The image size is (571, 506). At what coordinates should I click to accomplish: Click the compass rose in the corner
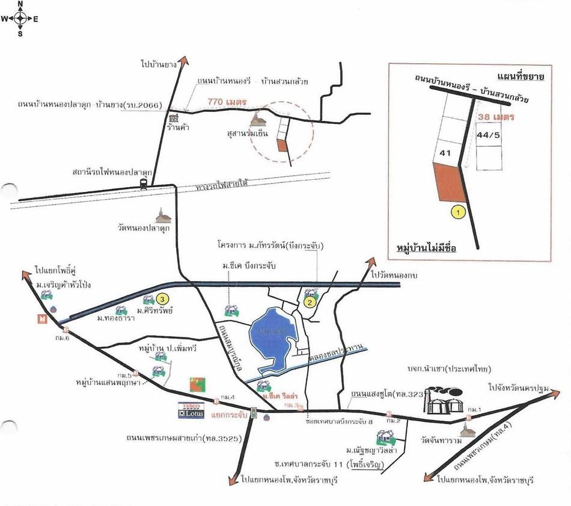click(20, 18)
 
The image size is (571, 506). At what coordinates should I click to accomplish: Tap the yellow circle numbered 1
click(459, 211)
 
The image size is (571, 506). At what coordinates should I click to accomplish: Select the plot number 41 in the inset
click(445, 153)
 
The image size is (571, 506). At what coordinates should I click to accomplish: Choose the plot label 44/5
click(488, 135)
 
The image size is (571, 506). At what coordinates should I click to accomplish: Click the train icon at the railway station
click(144, 184)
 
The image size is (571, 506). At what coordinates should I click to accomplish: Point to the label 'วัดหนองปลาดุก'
click(145, 229)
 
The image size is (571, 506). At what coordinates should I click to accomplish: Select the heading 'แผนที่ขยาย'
click(521, 76)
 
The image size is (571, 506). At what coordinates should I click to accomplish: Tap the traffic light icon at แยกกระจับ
click(254, 413)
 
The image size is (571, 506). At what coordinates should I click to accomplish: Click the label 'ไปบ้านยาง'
click(159, 63)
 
